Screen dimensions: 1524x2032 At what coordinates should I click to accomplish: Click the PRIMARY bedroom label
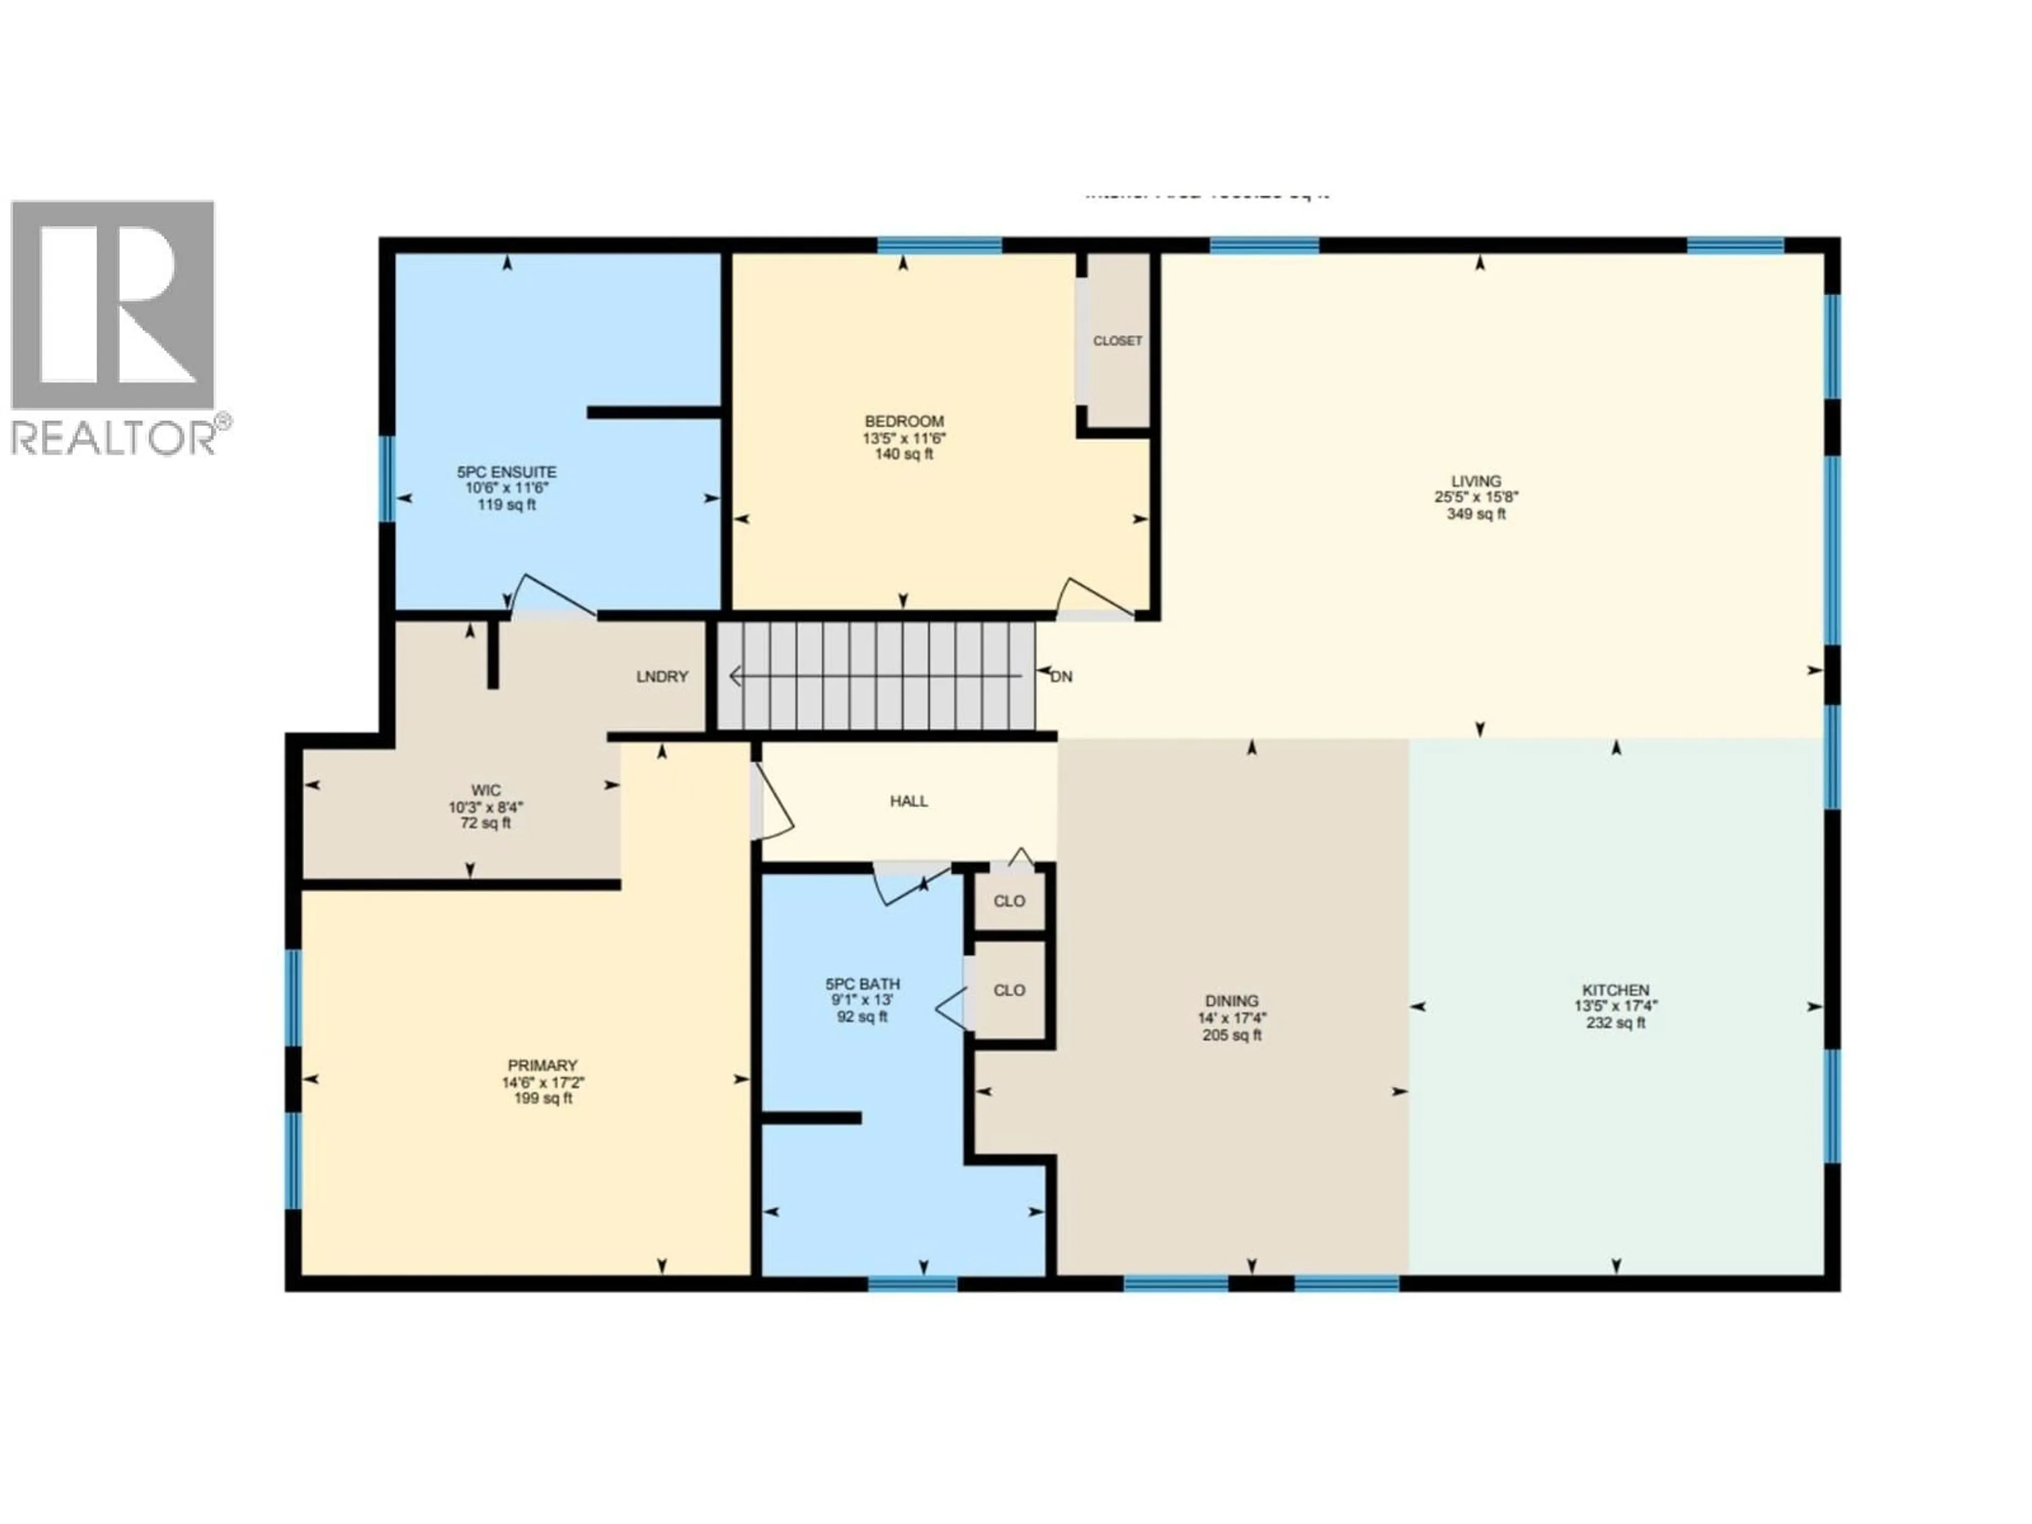[542, 1066]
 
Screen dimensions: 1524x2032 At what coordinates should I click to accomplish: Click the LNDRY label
[661, 677]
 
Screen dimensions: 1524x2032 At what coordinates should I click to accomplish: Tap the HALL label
[909, 801]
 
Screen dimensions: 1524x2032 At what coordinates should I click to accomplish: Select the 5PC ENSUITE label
[506, 472]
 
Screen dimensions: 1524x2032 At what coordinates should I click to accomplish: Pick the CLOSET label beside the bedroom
[1117, 341]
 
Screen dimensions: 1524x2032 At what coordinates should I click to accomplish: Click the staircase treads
[877, 677]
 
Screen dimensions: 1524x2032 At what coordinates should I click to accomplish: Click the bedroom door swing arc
[1093, 597]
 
